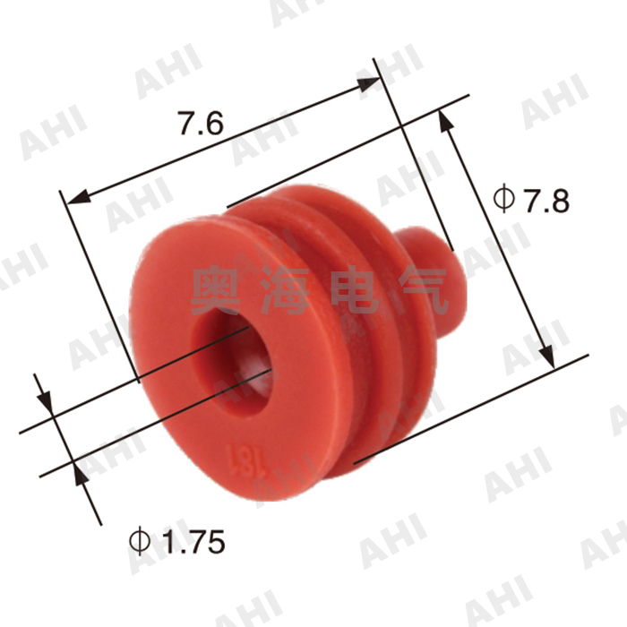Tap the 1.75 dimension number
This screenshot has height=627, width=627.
[x=188, y=540]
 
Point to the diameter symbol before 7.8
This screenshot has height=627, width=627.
[x=503, y=199]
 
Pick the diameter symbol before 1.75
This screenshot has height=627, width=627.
[x=139, y=540]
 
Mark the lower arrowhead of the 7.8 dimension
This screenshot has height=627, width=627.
[x=545, y=355]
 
